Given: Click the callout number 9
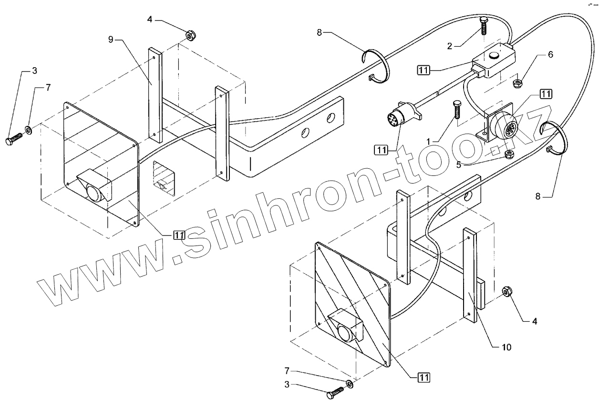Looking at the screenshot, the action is [111, 39].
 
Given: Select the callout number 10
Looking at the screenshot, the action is [506, 347].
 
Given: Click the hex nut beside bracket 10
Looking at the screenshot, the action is [507, 292].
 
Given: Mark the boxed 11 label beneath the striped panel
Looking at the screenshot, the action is [423, 377].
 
